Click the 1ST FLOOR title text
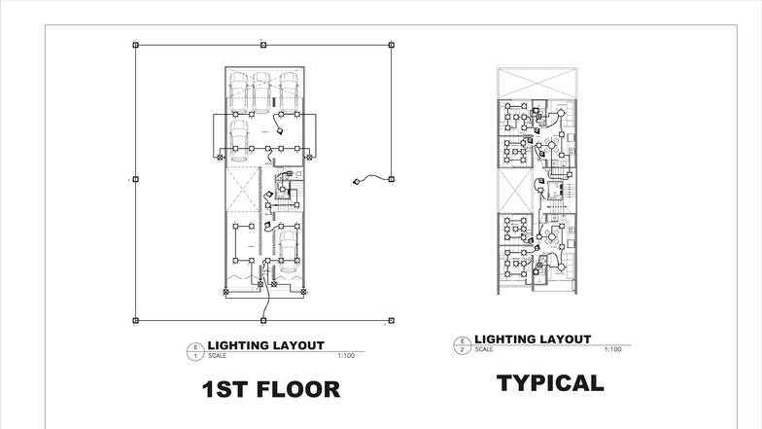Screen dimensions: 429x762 point(271,390)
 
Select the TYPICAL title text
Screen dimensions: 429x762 point(550,382)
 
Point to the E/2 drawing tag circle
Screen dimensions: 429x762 point(461,344)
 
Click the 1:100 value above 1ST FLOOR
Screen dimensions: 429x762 point(346,356)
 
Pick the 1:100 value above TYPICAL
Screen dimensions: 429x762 point(612,349)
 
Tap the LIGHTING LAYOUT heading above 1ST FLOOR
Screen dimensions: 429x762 point(266,345)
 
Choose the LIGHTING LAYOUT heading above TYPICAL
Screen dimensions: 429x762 point(533,339)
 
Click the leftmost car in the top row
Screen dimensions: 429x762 point(236,89)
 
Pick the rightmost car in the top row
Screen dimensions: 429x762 point(289,89)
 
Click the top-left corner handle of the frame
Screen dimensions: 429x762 point(135,44)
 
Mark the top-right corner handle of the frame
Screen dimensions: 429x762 point(392,44)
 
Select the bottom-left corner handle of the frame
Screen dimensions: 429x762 point(135,319)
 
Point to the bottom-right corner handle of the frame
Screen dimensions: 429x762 point(392,319)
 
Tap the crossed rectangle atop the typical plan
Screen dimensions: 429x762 point(537,82)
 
